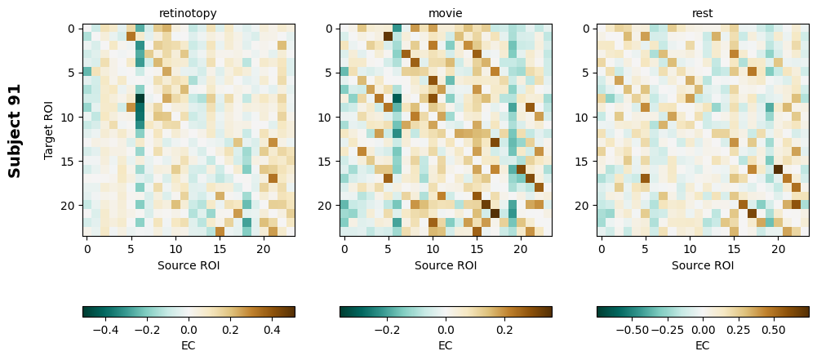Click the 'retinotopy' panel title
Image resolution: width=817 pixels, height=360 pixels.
pyautogui.click(x=189, y=14)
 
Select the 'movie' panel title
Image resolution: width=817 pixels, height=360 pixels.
pyautogui.click(x=446, y=14)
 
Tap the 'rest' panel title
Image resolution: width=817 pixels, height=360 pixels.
pyautogui.click(x=703, y=14)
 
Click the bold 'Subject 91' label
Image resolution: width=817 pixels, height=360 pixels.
pyautogui.click(x=15, y=131)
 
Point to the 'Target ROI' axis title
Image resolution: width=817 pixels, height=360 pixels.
pyautogui.click(x=49, y=131)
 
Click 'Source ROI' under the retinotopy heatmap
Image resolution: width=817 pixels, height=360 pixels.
pyautogui.click(x=189, y=265)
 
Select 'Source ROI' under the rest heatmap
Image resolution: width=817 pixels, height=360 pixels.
pyautogui.click(x=703, y=265)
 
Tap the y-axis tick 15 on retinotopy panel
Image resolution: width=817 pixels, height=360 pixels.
pyautogui.click(x=71, y=161)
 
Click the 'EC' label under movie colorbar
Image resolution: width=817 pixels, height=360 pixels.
pyautogui.click(x=446, y=345)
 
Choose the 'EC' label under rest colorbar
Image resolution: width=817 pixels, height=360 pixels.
pyautogui.click(x=703, y=345)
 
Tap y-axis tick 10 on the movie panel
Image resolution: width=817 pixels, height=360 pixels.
pyautogui.click(x=328, y=117)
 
